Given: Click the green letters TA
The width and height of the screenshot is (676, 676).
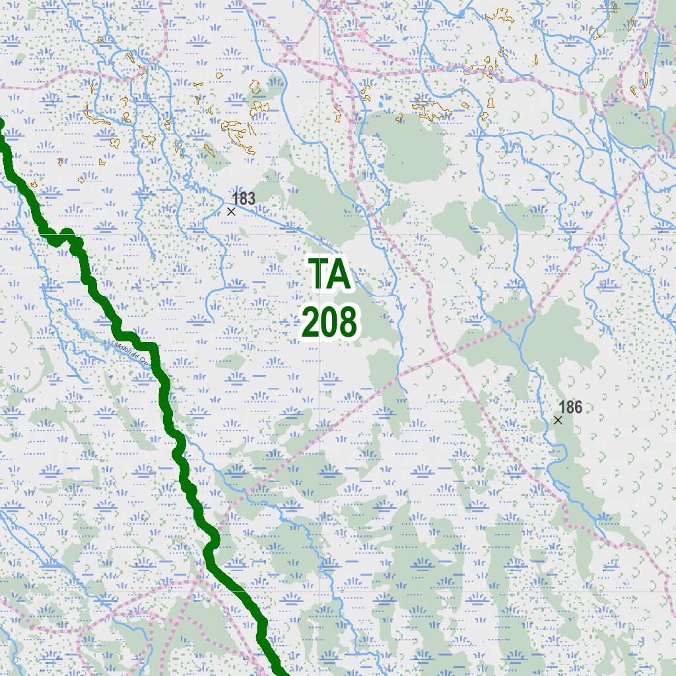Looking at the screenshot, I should pos(330,274).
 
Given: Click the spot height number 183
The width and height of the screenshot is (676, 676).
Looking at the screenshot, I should pos(244,198).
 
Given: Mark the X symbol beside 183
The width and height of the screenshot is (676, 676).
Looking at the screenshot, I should pos(231,211).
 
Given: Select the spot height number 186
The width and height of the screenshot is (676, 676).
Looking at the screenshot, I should pos(570,407).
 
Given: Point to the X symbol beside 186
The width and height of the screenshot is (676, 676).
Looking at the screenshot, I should pos(558,420).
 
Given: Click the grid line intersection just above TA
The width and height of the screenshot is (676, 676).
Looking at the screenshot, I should pos(320,234).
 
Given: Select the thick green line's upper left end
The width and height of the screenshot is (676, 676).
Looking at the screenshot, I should pos(1,123).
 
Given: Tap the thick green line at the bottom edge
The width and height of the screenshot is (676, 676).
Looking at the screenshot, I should pos(281,672).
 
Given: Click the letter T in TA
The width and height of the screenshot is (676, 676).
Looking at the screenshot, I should pos(319,274).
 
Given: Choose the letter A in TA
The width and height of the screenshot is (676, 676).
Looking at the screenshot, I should pos(340,274).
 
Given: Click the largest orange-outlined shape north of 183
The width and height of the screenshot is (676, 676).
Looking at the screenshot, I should pos(238,131).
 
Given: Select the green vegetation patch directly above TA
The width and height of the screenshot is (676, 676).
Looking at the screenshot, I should pos(317,198).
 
